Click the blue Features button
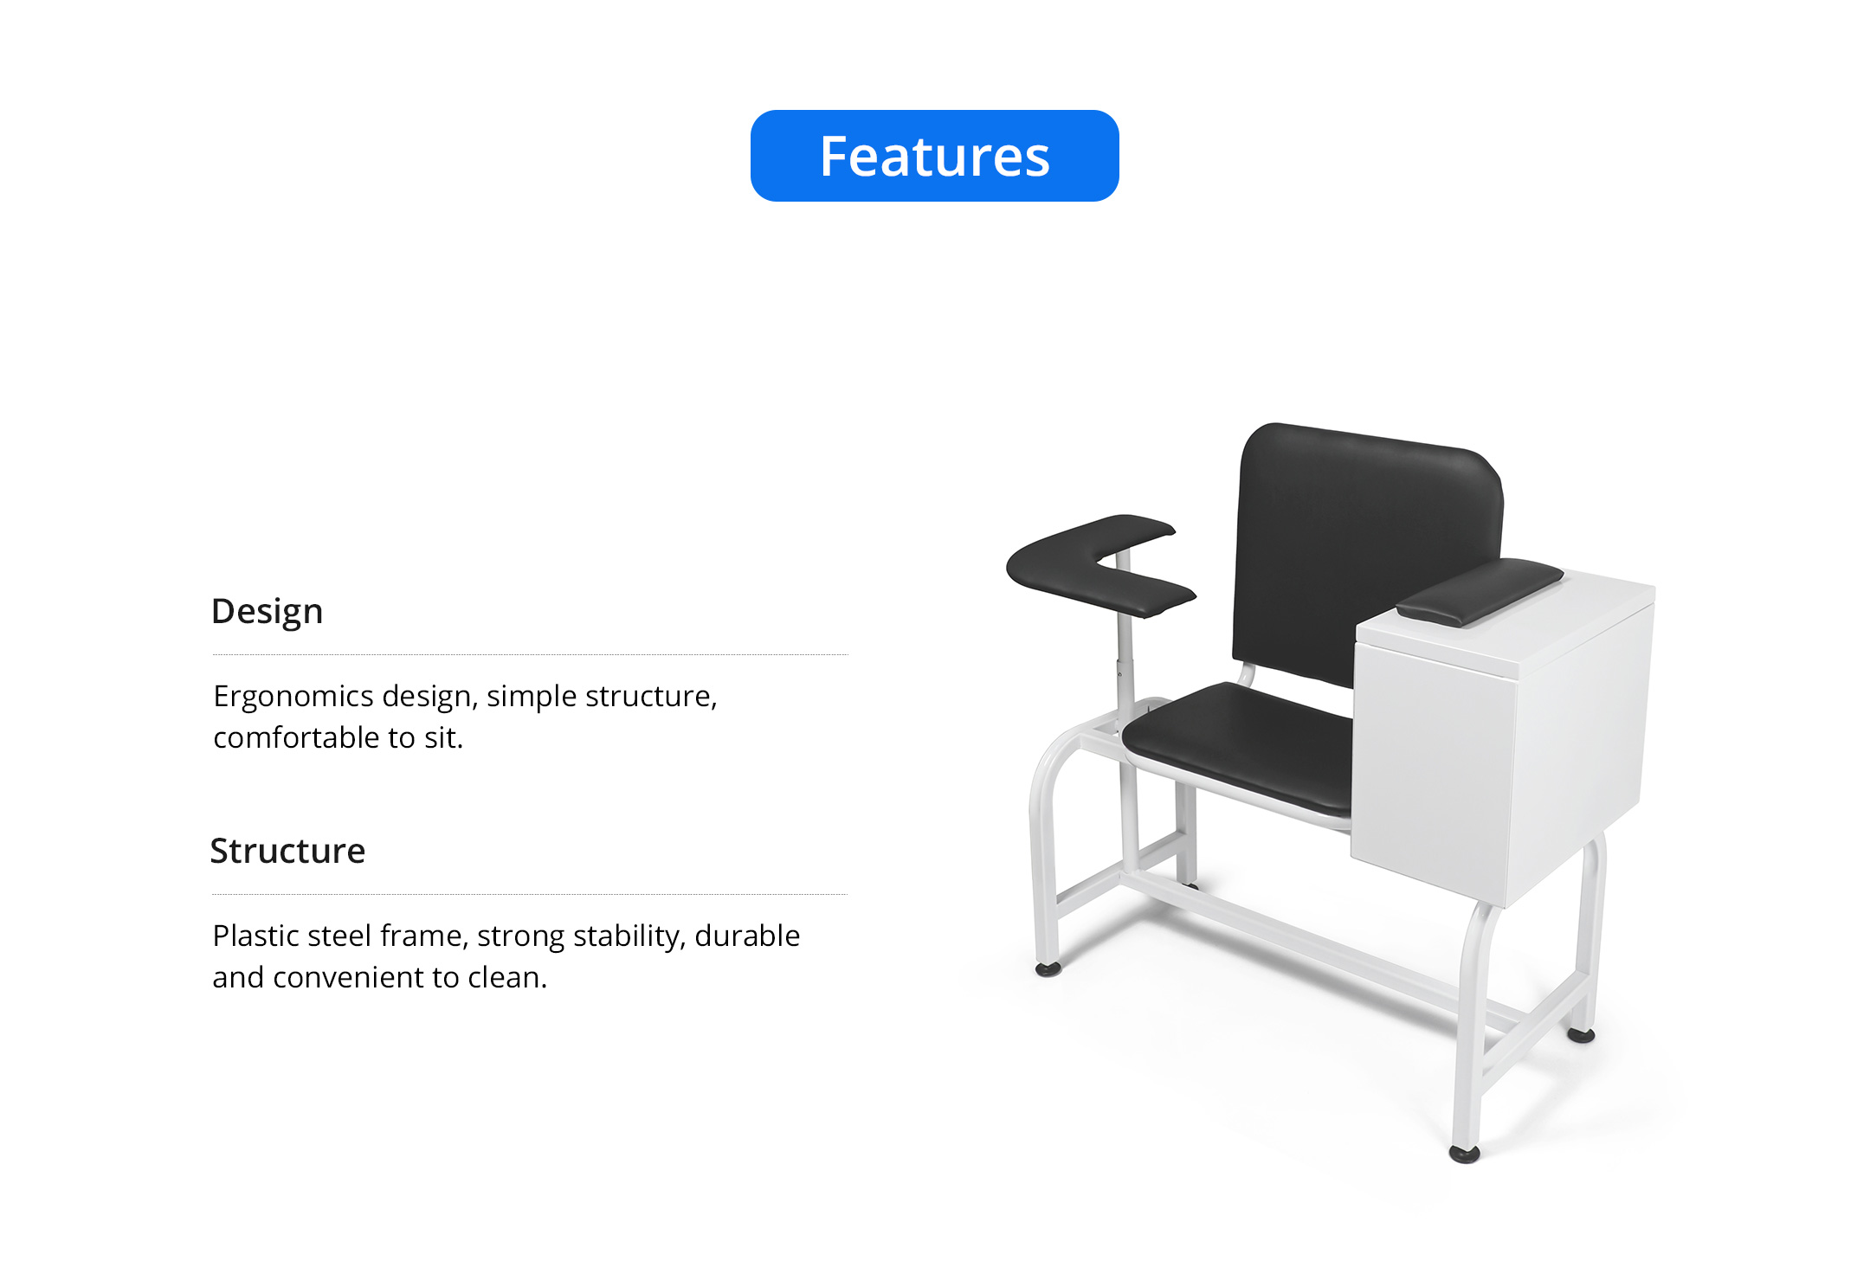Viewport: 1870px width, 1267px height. [934, 156]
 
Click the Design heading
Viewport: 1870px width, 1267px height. [268, 612]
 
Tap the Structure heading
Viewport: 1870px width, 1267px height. [287, 851]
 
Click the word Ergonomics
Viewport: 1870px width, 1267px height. [293, 697]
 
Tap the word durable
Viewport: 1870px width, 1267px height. [747, 936]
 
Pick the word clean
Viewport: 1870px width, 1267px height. [507, 977]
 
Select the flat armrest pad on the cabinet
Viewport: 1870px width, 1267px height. [1480, 591]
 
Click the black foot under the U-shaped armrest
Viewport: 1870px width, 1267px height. [1048, 969]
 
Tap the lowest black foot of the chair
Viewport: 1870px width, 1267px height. [1464, 1154]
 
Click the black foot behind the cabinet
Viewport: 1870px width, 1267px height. [1581, 1034]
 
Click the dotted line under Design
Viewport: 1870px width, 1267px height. [530, 655]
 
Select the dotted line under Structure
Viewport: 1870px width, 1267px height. [530, 895]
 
